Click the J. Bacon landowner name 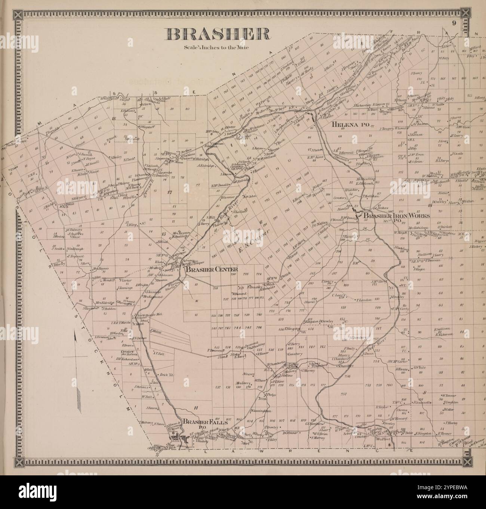(x=150, y=408)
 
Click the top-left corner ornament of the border (x=17, y=15)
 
